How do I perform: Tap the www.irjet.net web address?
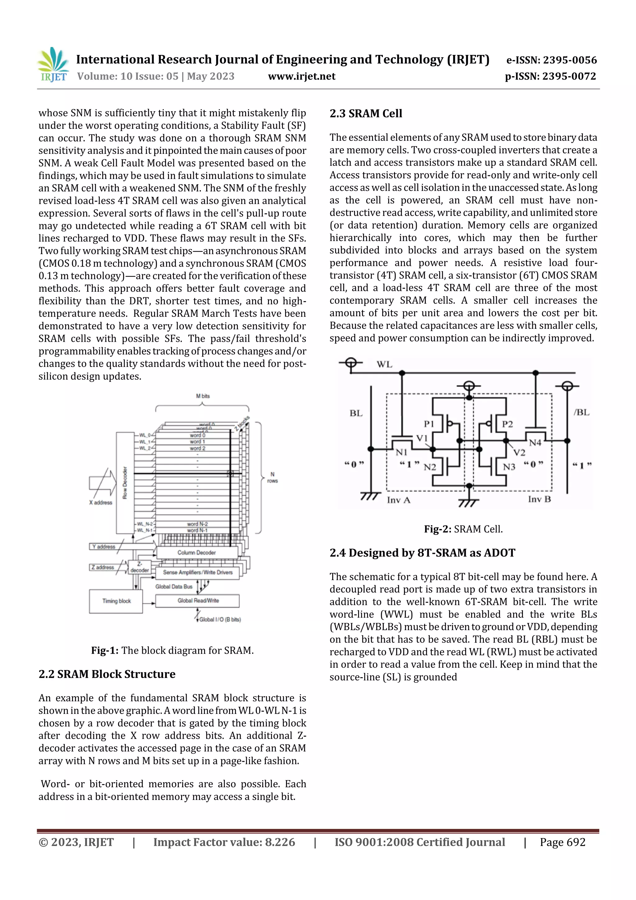coord(301,76)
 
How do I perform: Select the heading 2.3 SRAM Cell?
coord(366,114)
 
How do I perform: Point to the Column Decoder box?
coord(197,552)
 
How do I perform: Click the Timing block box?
coord(116,601)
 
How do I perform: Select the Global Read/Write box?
coord(198,601)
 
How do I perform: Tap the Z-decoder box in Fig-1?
coord(139,567)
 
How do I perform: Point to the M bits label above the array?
coord(202,396)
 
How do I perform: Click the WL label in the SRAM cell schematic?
coord(384,364)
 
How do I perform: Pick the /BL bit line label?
coord(581,412)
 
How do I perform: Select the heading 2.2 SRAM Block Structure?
coord(107,674)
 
